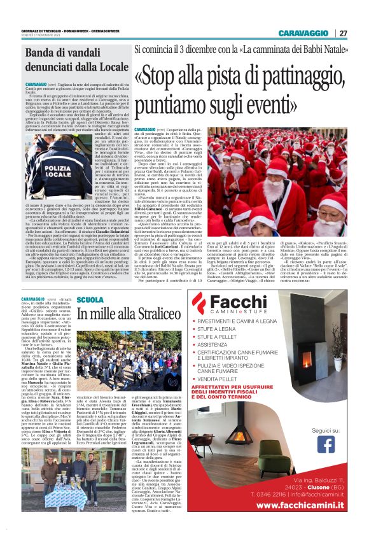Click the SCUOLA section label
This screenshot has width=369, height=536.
[89, 299]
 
